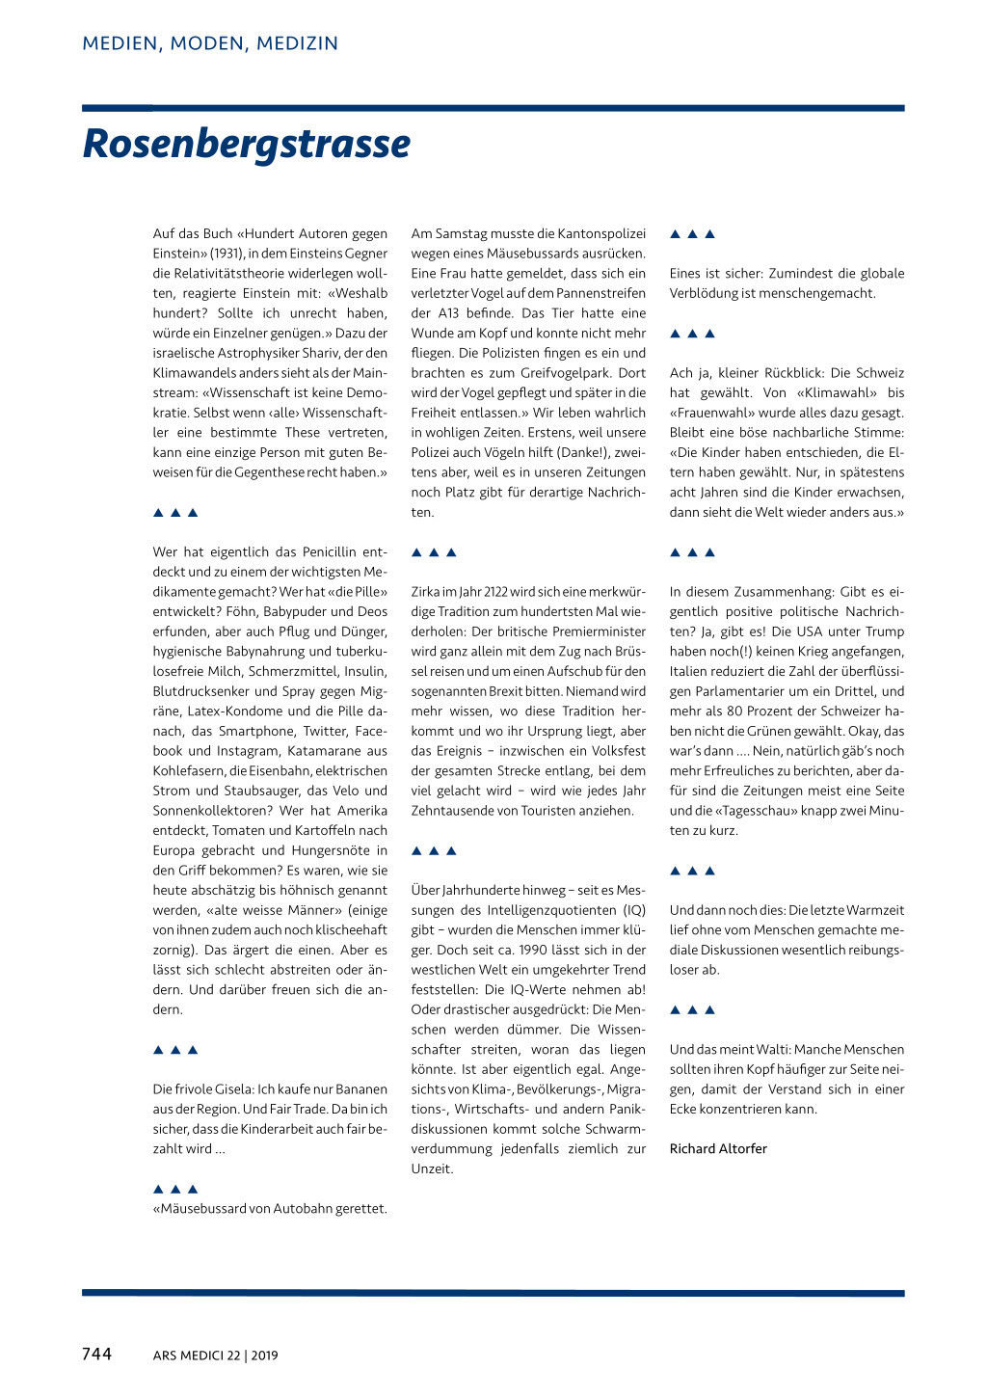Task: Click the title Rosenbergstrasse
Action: pyautogui.click(x=247, y=145)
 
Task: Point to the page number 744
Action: pyautogui.click(x=96, y=1354)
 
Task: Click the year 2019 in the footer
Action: pyautogui.click(x=264, y=1356)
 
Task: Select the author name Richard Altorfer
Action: pyautogui.click(x=718, y=1148)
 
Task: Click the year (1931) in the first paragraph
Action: pyautogui.click(x=227, y=254)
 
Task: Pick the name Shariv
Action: pyautogui.click(x=322, y=353)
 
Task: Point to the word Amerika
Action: pyautogui.click(x=361, y=811)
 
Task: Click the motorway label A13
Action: pyautogui.click(x=448, y=313)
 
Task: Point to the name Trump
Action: pyautogui.click(x=885, y=631)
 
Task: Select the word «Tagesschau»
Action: pyautogui.click(x=734, y=811)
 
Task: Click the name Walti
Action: pyautogui.click(x=768, y=1049)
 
